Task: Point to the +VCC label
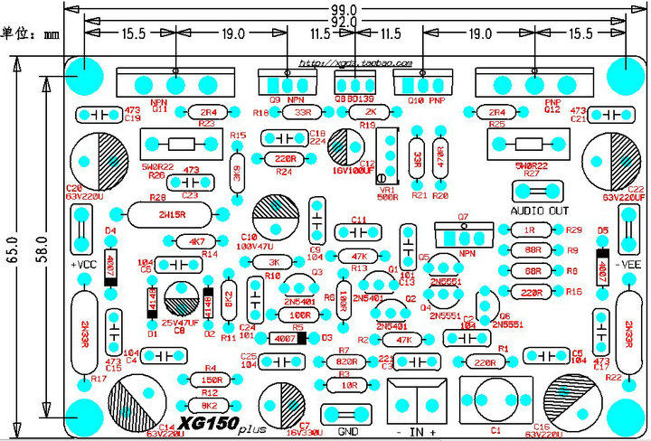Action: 82,265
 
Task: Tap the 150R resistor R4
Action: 211,380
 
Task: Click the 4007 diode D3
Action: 285,338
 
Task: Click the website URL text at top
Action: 355,65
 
